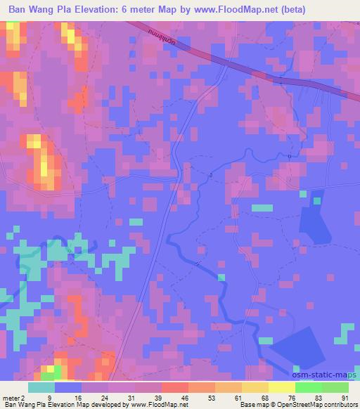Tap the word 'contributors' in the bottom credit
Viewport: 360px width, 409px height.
click(340, 405)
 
